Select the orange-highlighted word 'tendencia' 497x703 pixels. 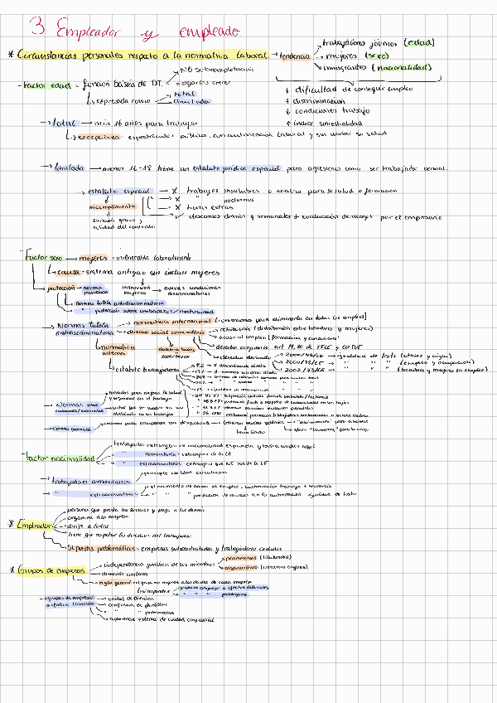click(296, 55)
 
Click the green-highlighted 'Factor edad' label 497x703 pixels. click(46, 84)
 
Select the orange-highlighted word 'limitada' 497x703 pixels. click(70, 167)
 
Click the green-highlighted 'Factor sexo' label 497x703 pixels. click(41, 258)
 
